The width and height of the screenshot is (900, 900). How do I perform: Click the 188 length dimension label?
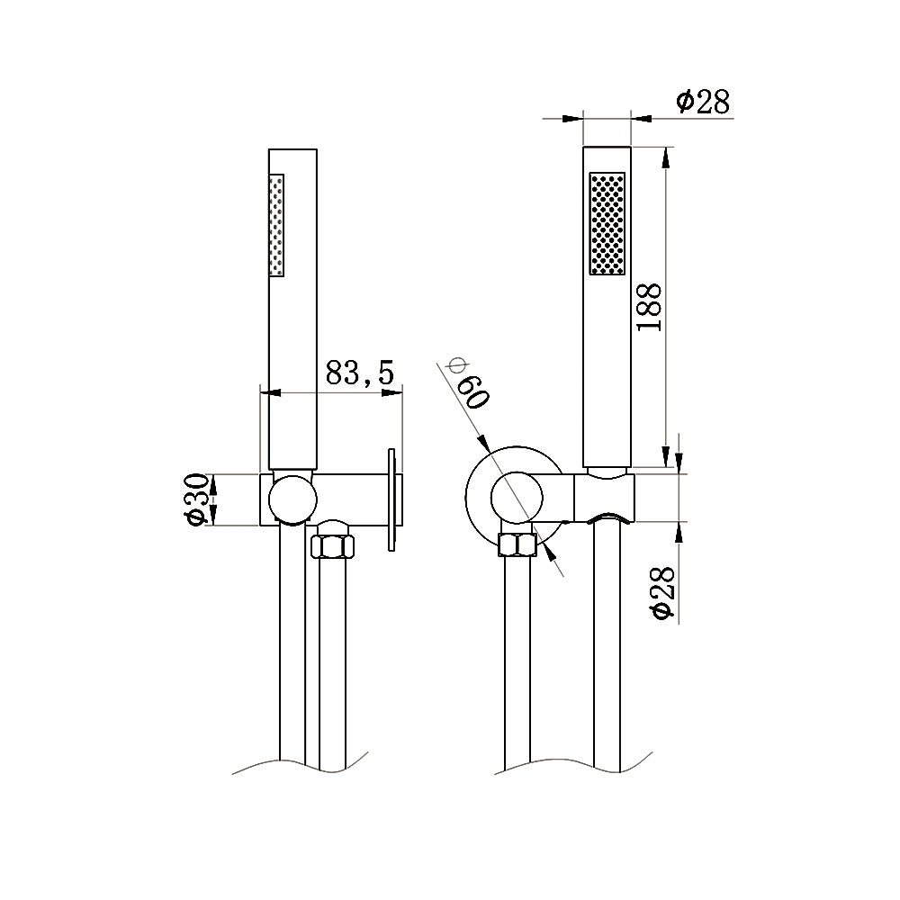(x=651, y=306)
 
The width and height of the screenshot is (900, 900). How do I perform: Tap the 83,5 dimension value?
(x=360, y=373)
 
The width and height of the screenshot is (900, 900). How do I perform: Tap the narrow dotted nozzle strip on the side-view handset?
(x=277, y=225)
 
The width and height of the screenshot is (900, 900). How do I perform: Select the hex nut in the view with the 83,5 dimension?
(x=332, y=546)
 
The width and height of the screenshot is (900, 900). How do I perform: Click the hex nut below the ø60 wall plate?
(x=517, y=546)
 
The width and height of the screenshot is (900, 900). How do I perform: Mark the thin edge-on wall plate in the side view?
(x=391, y=499)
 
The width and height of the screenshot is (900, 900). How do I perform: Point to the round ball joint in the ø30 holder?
(x=294, y=499)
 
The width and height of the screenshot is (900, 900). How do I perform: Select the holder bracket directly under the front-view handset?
(x=606, y=497)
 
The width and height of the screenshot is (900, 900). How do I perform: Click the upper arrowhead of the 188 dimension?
(x=665, y=155)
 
